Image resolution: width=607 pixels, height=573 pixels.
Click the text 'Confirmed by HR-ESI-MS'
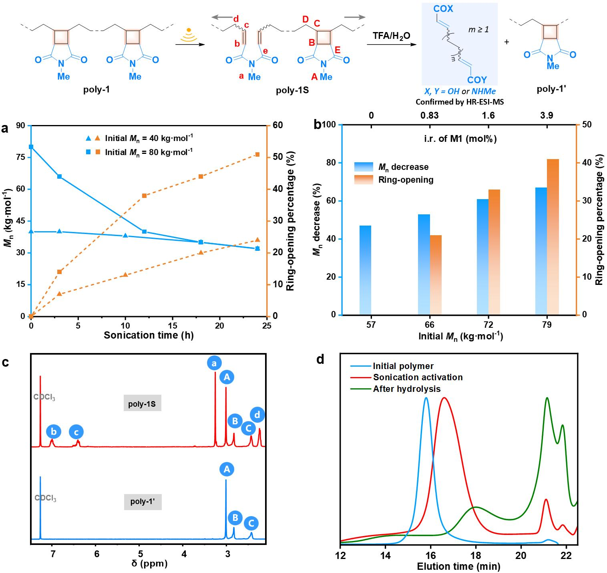[460, 102]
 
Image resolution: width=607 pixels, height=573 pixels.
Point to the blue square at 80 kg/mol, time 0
[31, 147]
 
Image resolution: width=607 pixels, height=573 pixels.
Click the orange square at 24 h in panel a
[257, 154]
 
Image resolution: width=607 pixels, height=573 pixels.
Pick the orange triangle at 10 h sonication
[125, 274]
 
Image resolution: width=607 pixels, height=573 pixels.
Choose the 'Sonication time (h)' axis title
[149, 335]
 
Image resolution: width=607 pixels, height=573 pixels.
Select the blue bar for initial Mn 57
[365, 270]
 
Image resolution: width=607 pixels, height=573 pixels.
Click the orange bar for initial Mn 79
[553, 236]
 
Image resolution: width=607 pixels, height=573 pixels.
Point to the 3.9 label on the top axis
[547, 115]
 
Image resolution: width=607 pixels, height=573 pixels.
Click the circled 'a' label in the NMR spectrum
[214, 363]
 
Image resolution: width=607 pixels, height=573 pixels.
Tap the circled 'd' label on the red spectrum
[257, 415]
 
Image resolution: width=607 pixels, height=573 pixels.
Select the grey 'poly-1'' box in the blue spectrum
[143, 501]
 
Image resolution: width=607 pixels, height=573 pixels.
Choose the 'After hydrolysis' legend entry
[407, 389]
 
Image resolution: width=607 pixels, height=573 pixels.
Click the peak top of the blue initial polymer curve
[426, 398]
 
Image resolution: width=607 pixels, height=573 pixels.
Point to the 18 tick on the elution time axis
[475, 555]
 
